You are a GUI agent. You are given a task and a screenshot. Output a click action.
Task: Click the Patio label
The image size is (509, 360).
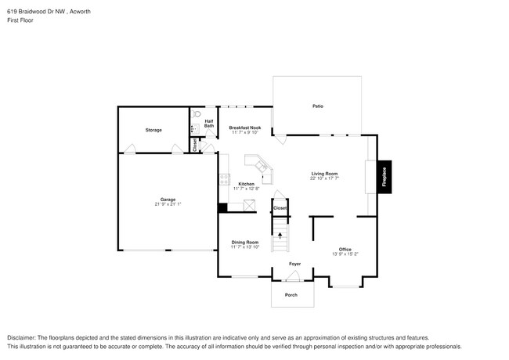(318, 106)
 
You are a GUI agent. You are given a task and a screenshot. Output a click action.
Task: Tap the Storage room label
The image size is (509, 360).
(153, 130)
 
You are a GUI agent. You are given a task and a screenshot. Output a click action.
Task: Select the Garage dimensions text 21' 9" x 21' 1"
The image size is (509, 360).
(168, 204)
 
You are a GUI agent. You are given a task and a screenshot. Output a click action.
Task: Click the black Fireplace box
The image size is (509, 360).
(384, 177)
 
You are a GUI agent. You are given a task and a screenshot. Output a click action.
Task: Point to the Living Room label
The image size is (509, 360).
(323, 174)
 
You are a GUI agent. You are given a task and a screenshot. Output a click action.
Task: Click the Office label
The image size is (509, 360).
(345, 249)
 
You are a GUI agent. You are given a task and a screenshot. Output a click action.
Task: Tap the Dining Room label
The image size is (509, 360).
(244, 243)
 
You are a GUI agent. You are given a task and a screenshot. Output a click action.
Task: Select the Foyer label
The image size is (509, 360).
(295, 265)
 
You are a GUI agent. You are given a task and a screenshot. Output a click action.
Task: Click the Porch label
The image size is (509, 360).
(291, 295)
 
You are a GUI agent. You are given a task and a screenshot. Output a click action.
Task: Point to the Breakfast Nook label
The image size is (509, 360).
(244, 128)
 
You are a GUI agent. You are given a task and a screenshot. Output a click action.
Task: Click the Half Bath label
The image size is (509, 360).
(209, 124)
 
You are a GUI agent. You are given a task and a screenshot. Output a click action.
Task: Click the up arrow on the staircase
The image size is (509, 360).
(280, 234)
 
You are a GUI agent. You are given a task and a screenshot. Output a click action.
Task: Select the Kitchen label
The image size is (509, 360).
(245, 184)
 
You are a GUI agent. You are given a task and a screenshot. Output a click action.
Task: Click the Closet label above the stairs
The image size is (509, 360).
(280, 208)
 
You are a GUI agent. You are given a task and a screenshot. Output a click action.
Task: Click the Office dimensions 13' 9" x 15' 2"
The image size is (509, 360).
(345, 254)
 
